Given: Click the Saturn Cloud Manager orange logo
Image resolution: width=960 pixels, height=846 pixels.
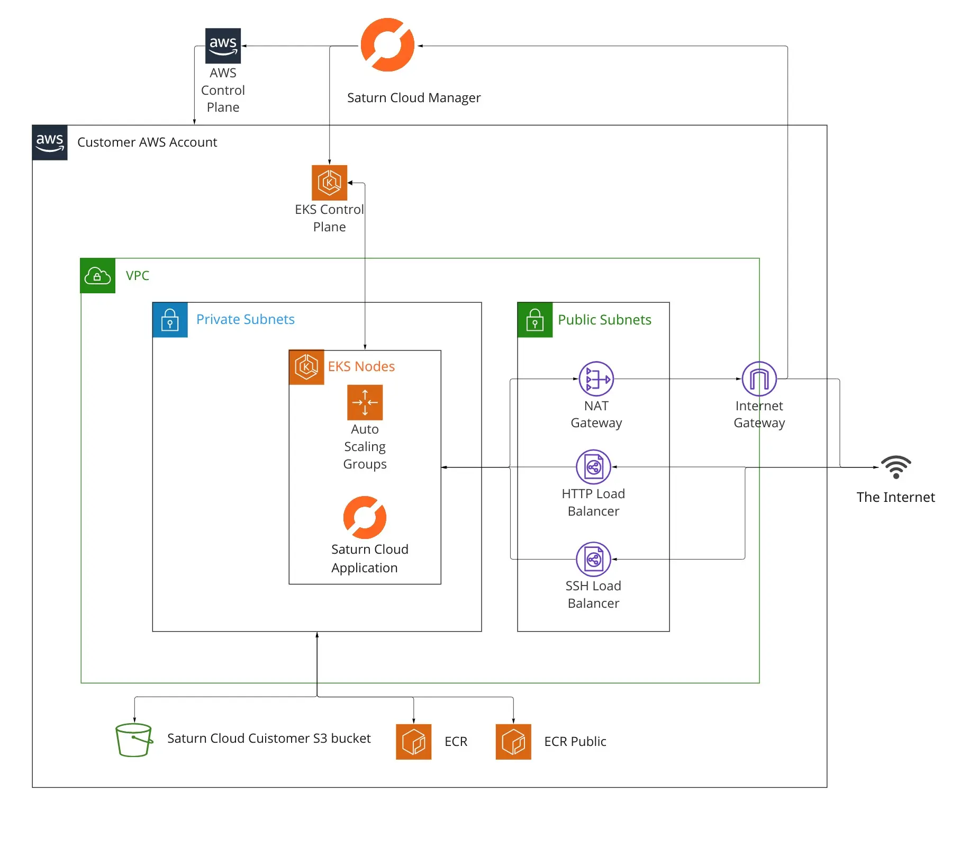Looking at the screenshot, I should [x=387, y=45].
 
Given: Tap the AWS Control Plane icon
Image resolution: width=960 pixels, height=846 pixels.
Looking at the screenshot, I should [x=223, y=46].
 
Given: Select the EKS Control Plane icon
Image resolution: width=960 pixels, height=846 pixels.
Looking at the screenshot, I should [x=329, y=183].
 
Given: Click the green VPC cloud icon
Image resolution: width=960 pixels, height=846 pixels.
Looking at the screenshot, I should [x=97, y=275].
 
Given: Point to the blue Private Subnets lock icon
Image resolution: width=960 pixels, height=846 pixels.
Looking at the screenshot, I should [x=170, y=320].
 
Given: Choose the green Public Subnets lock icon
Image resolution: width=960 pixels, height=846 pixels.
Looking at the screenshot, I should [x=535, y=320].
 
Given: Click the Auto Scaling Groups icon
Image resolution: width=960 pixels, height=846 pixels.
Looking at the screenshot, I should [x=365, y=402].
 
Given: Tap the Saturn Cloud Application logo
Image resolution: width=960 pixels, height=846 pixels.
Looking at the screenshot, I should [x=365, y=517].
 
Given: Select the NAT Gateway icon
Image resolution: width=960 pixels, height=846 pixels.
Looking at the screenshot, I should [x=596, y=379].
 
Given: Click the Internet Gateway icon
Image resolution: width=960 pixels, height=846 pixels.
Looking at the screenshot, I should [x=759, y=379].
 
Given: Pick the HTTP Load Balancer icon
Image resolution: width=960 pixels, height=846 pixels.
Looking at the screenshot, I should [x=593, y=467].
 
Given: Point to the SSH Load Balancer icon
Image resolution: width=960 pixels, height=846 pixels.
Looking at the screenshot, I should [x=593, y=559].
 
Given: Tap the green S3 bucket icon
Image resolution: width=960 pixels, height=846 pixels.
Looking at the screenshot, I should [x=134, y=740].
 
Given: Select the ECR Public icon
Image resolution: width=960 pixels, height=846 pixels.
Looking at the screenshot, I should [x=513, y=742].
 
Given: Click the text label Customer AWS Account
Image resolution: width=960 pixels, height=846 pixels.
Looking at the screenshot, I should [x=147, y=142].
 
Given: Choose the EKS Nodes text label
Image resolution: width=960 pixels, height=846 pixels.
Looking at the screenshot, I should [x=361, y=366].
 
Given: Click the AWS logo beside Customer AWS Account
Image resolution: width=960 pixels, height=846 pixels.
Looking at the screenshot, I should [x=50, y=142].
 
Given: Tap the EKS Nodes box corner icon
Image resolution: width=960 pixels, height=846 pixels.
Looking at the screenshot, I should [x=306, y=367].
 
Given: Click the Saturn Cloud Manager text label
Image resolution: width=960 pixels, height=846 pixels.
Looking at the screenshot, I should [x=414, y=98].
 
